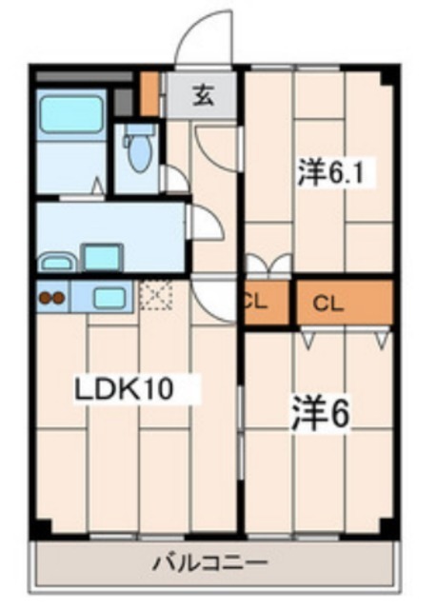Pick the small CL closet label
[255, 304]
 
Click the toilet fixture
[140, 149]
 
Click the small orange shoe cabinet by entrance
[149, 93]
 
